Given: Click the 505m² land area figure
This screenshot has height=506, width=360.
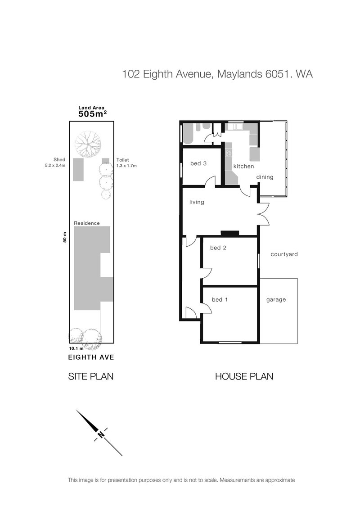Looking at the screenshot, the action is [93, 114].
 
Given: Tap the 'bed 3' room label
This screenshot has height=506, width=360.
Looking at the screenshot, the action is [198, 163].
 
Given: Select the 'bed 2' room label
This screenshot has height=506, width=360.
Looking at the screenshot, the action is [218, 248].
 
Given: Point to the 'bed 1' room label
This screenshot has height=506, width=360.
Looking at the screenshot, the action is [220, 299].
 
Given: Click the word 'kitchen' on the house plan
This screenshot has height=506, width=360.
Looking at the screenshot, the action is [243, 166].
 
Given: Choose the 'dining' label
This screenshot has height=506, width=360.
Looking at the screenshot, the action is [265, 177].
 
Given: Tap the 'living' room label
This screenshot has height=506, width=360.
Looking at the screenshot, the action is [197, 202].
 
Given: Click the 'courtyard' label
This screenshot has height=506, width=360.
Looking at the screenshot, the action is [284, 254].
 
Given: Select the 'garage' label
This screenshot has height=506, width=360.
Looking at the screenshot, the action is [276, 300].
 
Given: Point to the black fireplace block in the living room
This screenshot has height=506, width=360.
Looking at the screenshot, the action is [229, 233].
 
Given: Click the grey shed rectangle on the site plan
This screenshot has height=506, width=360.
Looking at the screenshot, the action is [78, 169].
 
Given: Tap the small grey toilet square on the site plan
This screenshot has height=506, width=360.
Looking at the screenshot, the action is [105, 161].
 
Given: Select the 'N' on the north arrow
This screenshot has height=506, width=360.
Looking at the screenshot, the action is [101, 434].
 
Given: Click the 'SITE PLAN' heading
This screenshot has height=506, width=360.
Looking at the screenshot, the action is [90, 376].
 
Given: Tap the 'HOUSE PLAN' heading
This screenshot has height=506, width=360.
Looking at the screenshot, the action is [244, 376].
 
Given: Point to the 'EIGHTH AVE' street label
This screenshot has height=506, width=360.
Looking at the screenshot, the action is [91, 357].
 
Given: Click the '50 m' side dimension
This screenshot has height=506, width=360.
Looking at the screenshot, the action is [65, 237].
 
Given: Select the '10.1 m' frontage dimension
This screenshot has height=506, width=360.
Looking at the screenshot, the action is [76, 348].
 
